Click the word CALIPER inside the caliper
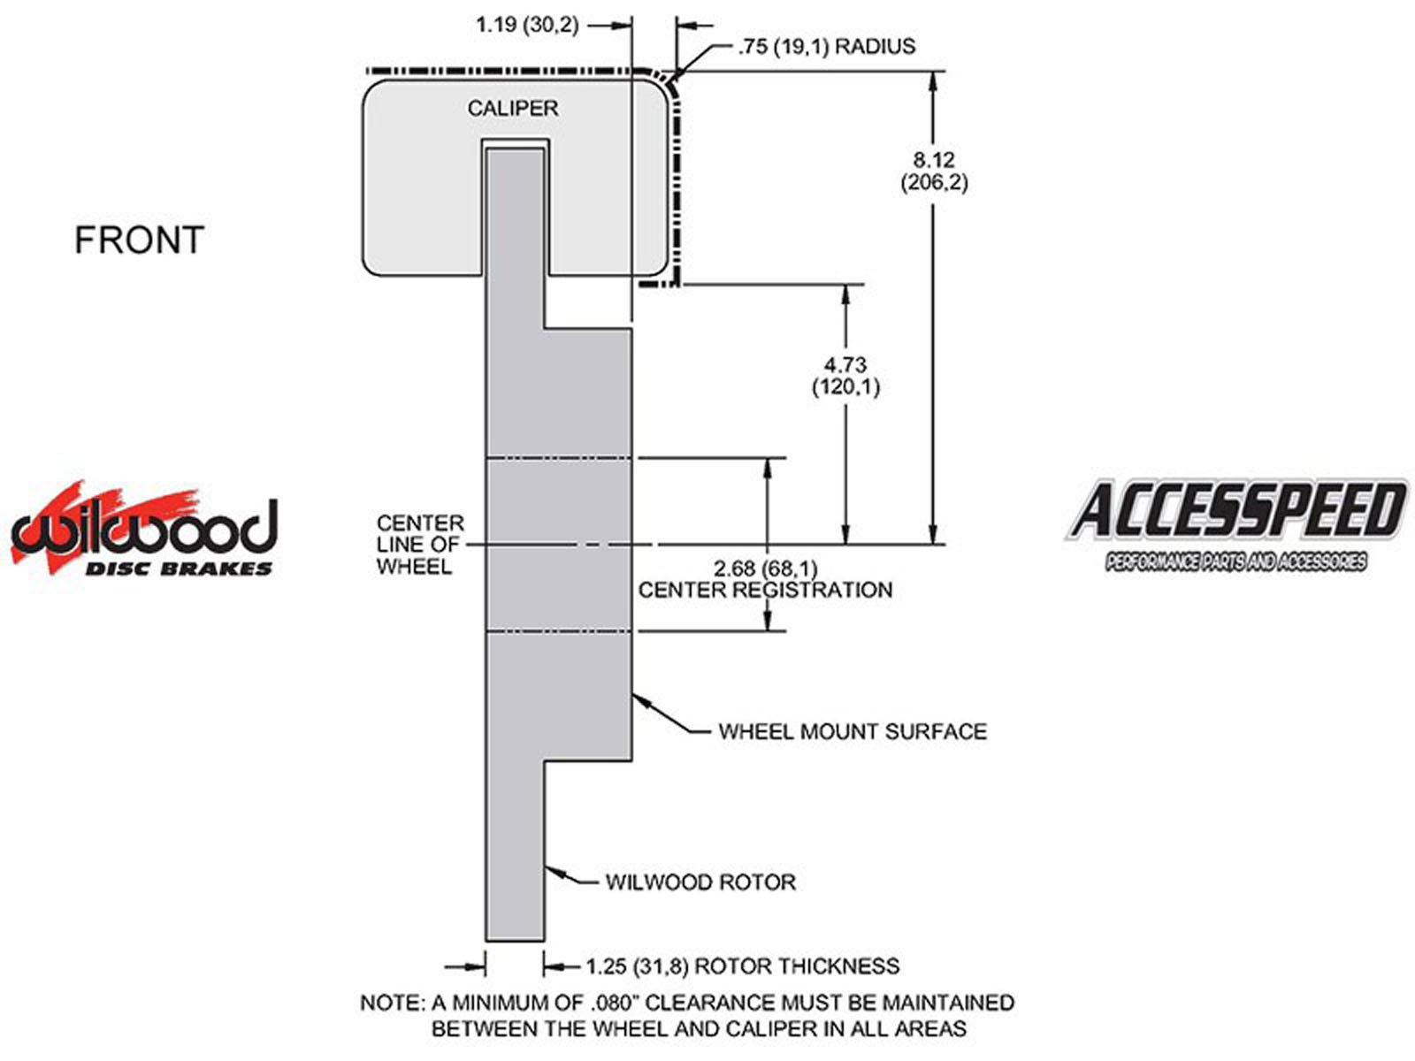click(513, 109)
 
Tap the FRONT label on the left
click(140, 240)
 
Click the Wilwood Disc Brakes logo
click(143, 530)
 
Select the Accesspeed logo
click(1235, 524)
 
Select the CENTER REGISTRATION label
click(766, 590)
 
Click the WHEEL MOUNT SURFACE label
click(853, 731)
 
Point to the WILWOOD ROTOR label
click(700, 882)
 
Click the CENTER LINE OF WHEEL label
click(420, 545)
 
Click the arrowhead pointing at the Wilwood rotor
click(555, 872)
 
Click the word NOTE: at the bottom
click(392, 1004)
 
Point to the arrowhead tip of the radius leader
click(675, 77)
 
